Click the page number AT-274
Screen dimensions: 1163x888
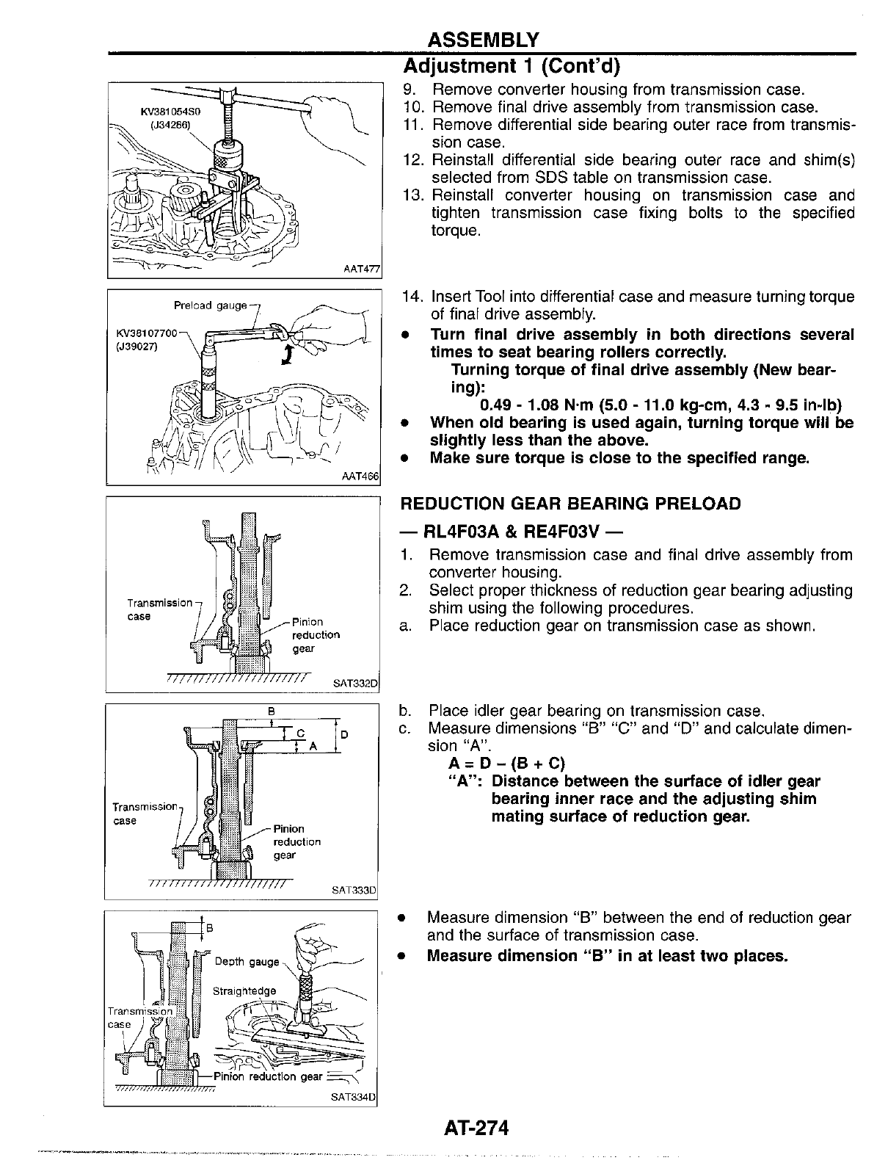(x=476, y=1127)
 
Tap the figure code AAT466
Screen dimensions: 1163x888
(x=360, y=477)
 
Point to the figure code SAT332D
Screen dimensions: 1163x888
(x=354, y=684)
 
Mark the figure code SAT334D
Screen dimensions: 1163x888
(x=353, y=1098)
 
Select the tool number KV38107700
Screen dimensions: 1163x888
(x=147, y=336)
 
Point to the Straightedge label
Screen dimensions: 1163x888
(x=244, y=991)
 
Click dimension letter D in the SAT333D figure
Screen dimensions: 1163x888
(x=344, y=734)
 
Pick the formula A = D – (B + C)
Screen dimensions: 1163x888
(x=507, y=764)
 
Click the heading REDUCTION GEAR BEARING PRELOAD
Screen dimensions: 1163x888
(x=570, y=504)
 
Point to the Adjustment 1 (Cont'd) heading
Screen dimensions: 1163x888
(x=512, y=66)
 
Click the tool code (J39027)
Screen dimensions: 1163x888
(x=137, y=348)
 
